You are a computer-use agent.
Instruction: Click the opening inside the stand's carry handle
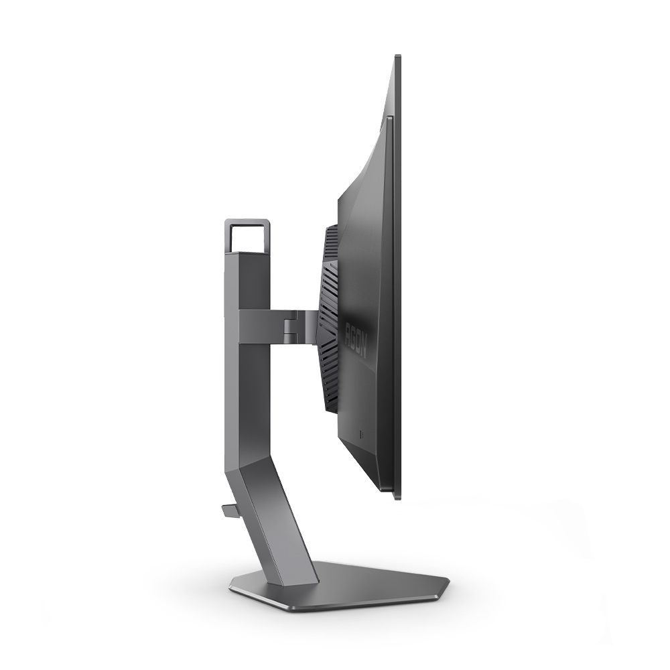tap(247, 237)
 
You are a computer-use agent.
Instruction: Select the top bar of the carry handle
tap(247, 222)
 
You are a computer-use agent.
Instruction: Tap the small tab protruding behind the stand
tap(229, 511)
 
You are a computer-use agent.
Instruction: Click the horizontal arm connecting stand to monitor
tap(275, 326)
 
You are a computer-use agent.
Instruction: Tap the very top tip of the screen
tap(397, 56)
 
